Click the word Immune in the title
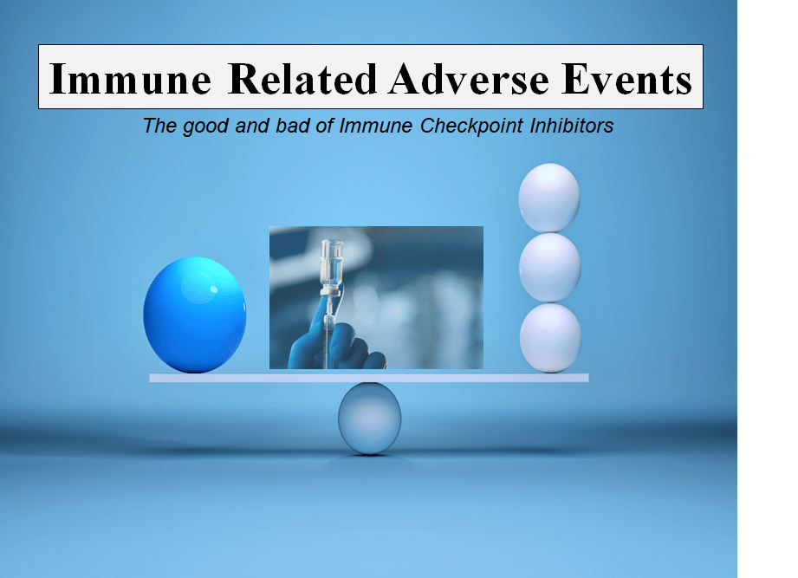(x=130, y=79)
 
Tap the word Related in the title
(x=302, y=79)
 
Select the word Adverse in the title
(x=469, y=79)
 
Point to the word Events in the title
(x=627, y=79)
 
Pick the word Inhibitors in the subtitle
(x=572, y=126)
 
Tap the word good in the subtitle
(x=205, y=127)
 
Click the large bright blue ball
(x=195, y=315)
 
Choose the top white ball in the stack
(x=549, y=198)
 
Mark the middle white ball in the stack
(x=549, y=268)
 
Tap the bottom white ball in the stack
(x=550, y=338)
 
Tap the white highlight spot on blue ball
(x=214, y=289)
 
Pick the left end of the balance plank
(x=150, y=378)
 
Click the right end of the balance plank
(x=588, y=378)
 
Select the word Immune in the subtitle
(x=375, y=126)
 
